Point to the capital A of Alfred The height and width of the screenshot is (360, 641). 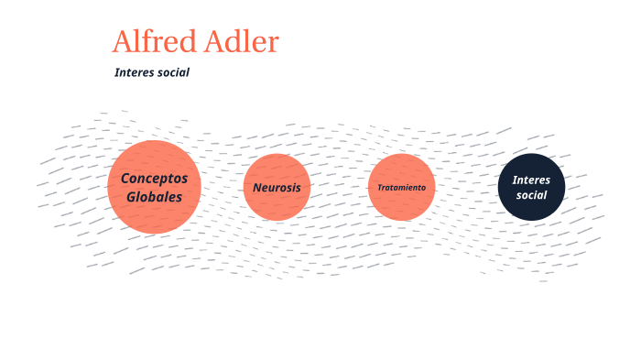tap(123, 42)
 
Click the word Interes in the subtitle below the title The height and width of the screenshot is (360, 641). tap(133, 72)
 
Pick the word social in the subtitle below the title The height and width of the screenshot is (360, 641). tap(172, 72)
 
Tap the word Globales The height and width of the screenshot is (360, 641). tap(154, 196)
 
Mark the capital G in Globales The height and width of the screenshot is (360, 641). tap(132, 196)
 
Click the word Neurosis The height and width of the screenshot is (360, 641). tap(277, 187)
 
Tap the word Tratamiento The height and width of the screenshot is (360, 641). tap(401, 187)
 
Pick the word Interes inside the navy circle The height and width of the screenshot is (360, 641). tap(531, 180)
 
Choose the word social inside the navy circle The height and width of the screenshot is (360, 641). tap(531, 195)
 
